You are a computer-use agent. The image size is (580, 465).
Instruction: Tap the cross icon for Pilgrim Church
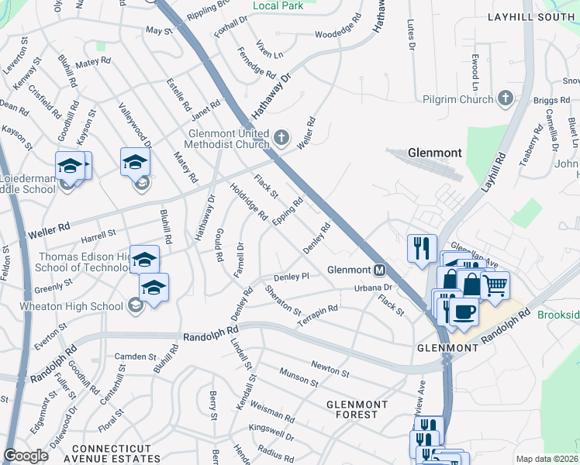506,98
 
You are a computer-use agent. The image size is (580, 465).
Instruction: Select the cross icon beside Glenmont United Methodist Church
281,139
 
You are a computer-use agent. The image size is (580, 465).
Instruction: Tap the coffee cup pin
464,311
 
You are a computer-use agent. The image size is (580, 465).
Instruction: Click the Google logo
26,456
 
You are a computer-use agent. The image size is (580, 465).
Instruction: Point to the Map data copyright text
547,459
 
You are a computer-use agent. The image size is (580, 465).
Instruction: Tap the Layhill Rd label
494,172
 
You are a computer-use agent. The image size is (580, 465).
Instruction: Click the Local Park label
278,5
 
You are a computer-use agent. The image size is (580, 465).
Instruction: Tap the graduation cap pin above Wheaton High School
154,288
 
